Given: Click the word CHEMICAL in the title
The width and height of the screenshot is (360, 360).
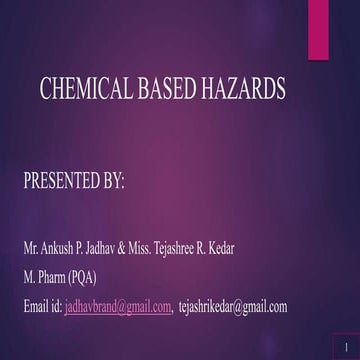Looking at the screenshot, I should (84, 90).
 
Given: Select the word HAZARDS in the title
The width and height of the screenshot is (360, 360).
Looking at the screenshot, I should (245, 90).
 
